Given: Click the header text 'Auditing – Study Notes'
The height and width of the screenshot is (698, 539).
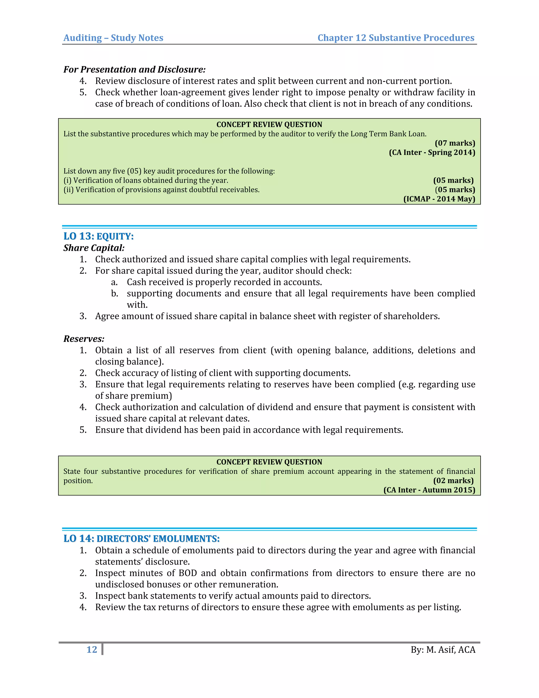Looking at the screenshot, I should (113, 38).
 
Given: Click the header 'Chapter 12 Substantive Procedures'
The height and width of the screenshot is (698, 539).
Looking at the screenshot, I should (396, 38).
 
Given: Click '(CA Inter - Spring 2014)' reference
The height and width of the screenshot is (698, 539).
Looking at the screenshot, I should (432, 152).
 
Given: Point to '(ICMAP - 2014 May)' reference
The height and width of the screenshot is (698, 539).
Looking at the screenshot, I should (439, 199).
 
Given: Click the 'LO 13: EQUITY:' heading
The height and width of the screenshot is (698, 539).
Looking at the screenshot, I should (98, 236).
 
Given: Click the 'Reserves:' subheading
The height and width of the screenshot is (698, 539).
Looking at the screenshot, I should (84, 338).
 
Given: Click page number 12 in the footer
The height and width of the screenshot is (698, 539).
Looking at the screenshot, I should (92, 650).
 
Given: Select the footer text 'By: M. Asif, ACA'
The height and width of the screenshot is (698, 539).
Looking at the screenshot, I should (443, 650).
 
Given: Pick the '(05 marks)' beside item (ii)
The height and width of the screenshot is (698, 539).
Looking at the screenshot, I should (455, 190).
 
